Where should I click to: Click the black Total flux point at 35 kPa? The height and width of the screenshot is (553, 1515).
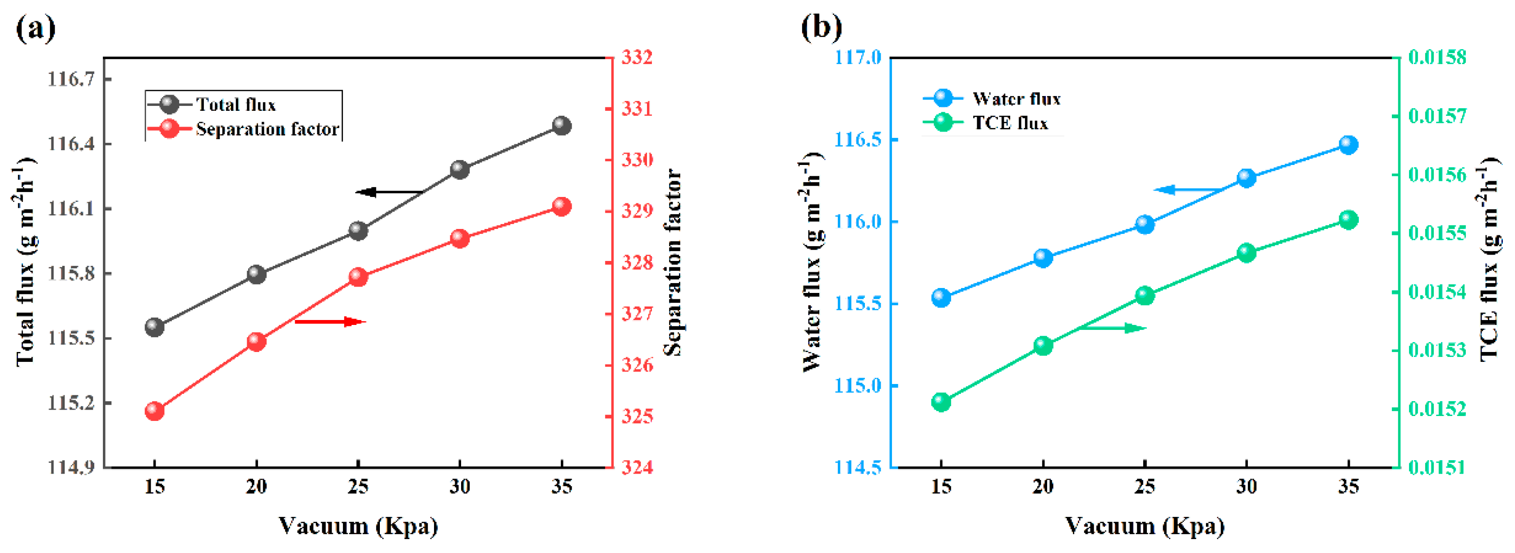click(562, 125)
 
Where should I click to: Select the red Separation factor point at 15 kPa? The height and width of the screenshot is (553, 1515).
click(154, 410)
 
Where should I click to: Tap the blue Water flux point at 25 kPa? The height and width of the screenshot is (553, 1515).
click(1145, 224)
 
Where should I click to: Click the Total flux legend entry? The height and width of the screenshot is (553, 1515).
click(235, 105)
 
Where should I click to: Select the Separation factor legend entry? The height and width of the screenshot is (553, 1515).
click(267, 129)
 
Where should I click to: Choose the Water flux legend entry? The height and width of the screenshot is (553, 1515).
click(1016, 98)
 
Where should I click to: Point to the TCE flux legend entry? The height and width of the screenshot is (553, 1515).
click(1010, 123)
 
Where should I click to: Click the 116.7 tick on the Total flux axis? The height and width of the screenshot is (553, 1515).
click(70, 79)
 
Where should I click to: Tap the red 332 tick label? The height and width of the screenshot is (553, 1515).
click(637, 58)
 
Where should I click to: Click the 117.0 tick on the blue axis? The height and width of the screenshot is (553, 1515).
click(858, 58)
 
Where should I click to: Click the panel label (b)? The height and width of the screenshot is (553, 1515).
click(822, 27)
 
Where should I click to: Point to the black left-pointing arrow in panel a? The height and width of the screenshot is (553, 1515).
click(388, 192)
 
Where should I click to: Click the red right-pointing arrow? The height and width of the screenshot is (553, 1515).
click(331, 321)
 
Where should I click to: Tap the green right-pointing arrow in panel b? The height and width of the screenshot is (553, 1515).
click(1112, 328)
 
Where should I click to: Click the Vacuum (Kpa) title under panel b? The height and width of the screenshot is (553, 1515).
click(1145, 526)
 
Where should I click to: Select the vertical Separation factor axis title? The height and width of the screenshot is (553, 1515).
click(672, 263)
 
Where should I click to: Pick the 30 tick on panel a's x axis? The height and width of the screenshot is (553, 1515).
click(459, 487)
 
